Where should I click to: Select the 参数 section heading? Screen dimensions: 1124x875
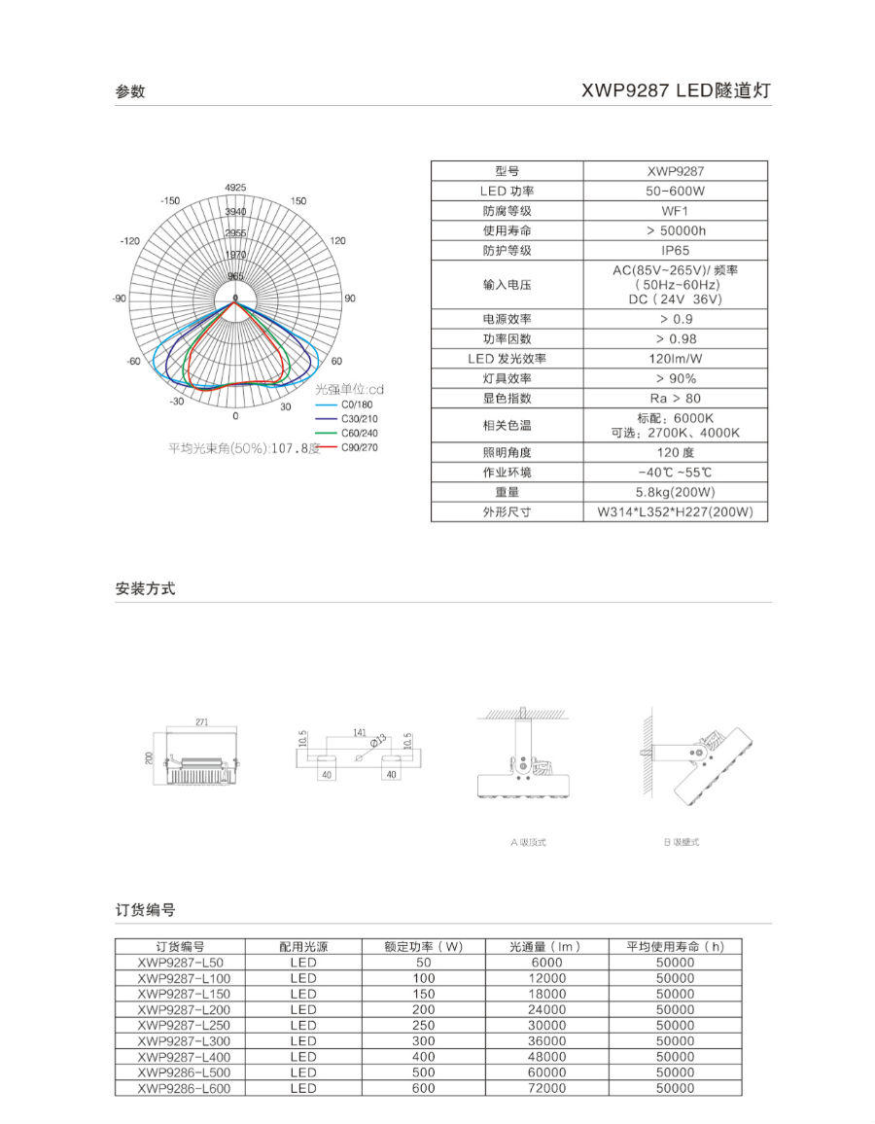130,91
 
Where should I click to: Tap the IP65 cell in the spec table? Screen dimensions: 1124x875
675,251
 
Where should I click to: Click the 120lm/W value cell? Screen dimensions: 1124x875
675,359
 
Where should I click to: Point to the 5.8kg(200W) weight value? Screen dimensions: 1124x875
675,492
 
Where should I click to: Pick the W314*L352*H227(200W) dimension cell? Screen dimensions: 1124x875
675,512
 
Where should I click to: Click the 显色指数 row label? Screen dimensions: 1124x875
507,399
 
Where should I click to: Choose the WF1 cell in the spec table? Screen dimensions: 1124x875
675,211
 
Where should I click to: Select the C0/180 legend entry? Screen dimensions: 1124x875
357,404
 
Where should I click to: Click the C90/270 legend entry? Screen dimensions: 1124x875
359,447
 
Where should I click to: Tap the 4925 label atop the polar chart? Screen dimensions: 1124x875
235,187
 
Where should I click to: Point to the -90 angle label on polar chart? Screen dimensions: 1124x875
120,299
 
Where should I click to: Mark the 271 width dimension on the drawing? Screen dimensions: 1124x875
202,722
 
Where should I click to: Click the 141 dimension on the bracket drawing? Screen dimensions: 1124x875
360,732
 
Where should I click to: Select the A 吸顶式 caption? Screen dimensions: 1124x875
528,842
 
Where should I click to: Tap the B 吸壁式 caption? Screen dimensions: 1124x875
682,842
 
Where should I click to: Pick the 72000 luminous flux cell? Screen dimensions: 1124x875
544,1088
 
